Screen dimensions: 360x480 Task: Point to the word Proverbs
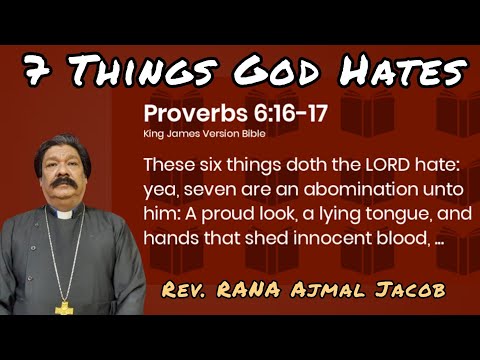pyautogui.click(x=192, y=113)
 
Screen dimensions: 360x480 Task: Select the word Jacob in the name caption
pyautogui.click(x=414, y=291)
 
